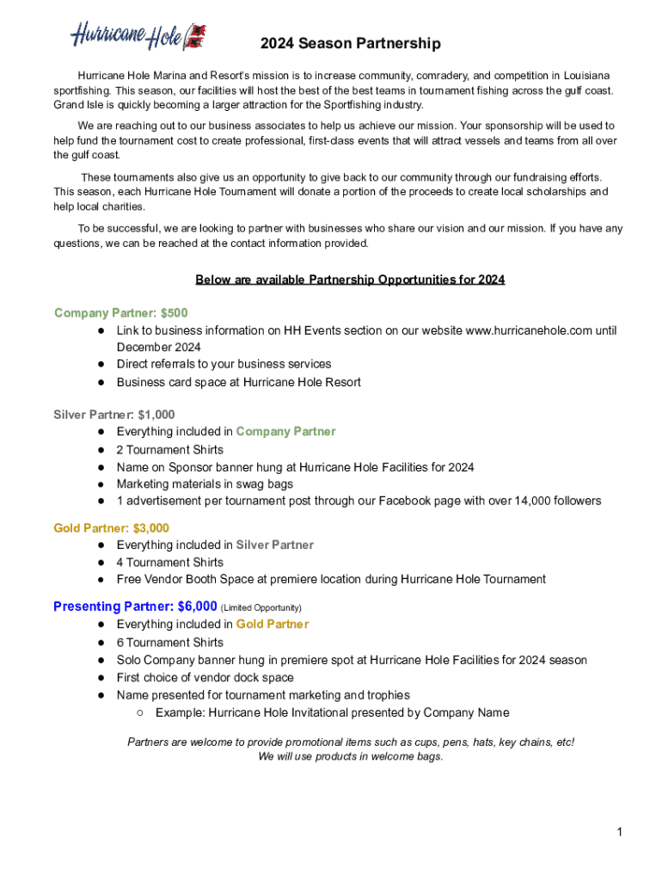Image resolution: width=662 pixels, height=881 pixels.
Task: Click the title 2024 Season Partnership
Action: click(351, 44)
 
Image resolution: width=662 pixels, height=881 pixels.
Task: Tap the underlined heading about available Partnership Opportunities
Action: click(350, 280)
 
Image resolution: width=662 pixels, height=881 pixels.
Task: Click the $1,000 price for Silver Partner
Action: click(156, 415)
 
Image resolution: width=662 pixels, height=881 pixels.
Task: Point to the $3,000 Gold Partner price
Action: click(151, 528)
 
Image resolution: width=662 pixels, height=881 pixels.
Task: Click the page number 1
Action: click(618, 831)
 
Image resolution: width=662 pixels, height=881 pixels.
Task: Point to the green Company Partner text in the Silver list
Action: click(285, 432)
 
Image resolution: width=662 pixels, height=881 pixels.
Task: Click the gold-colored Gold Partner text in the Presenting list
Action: click(272, 625)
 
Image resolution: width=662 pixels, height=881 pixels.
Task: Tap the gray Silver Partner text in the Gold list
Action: click(274, 545)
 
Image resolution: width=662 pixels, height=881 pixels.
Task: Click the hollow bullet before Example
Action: click(139, 713)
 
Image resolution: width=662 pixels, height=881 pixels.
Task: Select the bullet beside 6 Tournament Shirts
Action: click(101, 643)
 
